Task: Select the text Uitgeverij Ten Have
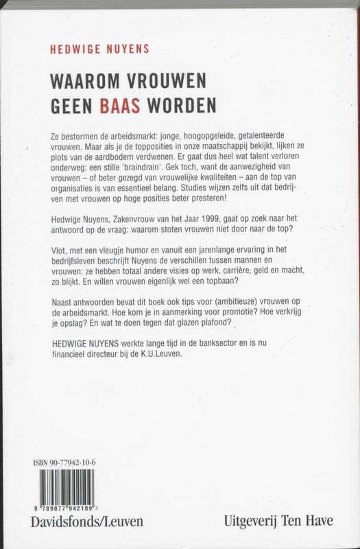(279, 522)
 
